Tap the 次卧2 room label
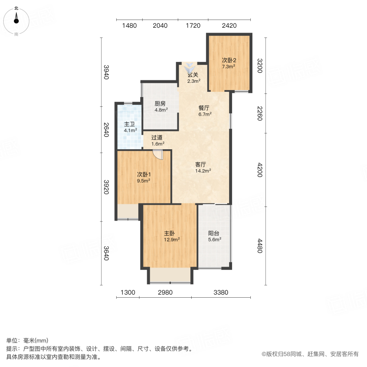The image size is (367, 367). [x=229, y=60]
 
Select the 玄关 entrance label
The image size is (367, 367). [x=193, y=75]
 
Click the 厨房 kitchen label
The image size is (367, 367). [x=159, y=103]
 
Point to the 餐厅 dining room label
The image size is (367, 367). [x=203, y=108]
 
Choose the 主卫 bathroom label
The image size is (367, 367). [x=130, y=124]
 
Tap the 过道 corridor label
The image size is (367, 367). [x=157, y=137]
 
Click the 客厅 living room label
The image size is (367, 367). [x=200, y=164]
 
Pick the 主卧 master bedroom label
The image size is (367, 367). [x=170, y=233]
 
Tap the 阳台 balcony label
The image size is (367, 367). [x=214, y=234]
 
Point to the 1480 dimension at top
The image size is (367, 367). [x=129, y=26]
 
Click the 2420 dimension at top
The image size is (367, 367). [x=229, y=26]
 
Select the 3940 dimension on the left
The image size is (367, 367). [x=106, y=72]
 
